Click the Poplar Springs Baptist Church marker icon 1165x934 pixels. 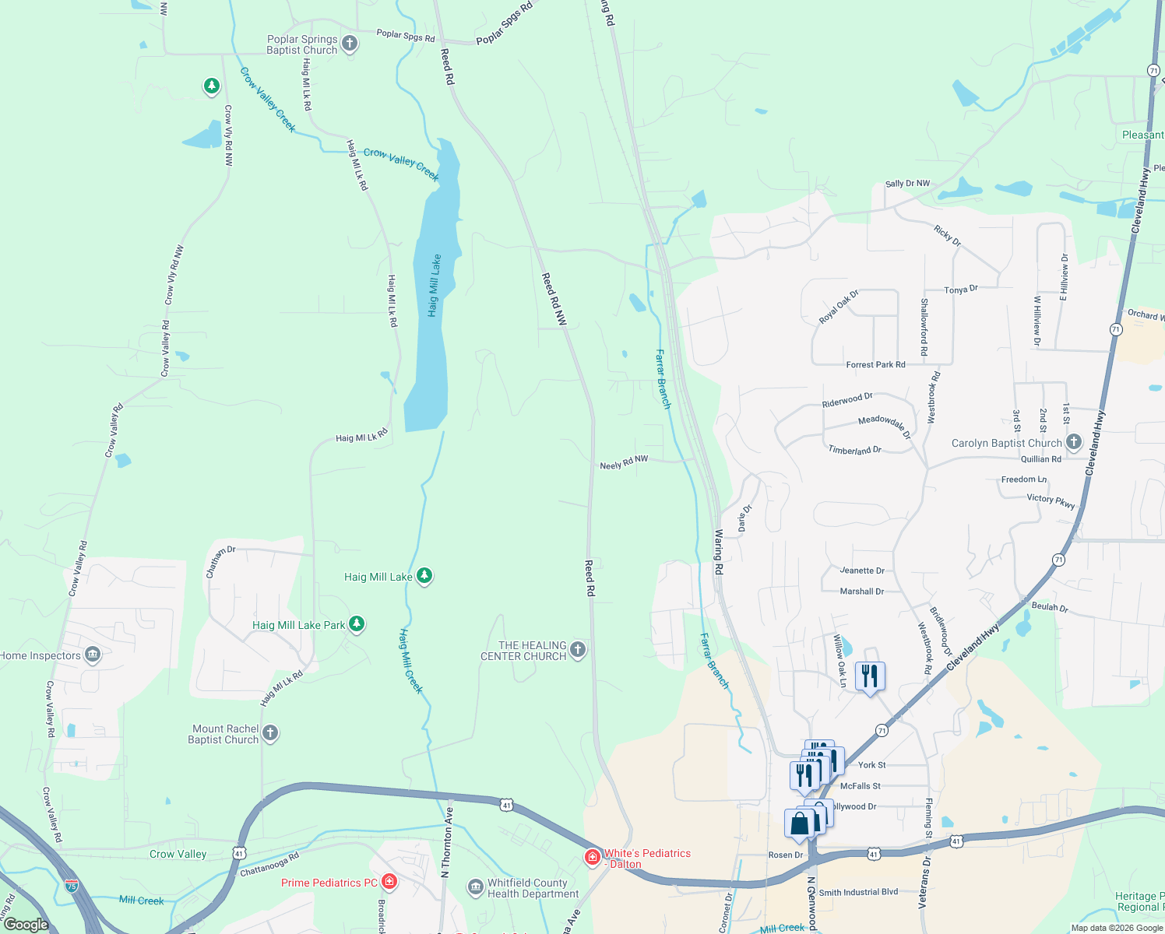click(x=350, y=44)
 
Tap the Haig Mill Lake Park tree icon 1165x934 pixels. click(x=357, y=624)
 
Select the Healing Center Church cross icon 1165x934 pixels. click(x=577, y=650)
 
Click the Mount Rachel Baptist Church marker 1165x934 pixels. click(x=270, y=733)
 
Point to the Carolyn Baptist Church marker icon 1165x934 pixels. click(x=1074, y=443)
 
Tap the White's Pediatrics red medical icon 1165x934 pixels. click(x=593, y=858)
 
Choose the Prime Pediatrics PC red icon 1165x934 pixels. click(x=389, y=883)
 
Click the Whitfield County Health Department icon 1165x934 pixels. click(x=475, y=887)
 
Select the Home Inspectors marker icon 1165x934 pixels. click(x=93, y=655)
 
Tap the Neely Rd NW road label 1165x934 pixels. click(x=624, y=463)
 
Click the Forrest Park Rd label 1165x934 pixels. click(x=875, y=364)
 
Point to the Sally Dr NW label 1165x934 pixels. click(x=907, y=184)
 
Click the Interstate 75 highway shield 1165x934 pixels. click(x=72, y=886)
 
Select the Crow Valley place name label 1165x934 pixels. click(x=178, y=854)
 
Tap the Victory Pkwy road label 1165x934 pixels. click(x=1051, y=500)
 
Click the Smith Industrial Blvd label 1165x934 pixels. click(x=858, y=892)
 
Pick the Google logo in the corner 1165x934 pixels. click(x=26, y=925)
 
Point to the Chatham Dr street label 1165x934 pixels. click(x=220, y=561)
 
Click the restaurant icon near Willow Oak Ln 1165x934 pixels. click(x=870, y=676)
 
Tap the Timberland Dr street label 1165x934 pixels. click(x=854, y=451)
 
